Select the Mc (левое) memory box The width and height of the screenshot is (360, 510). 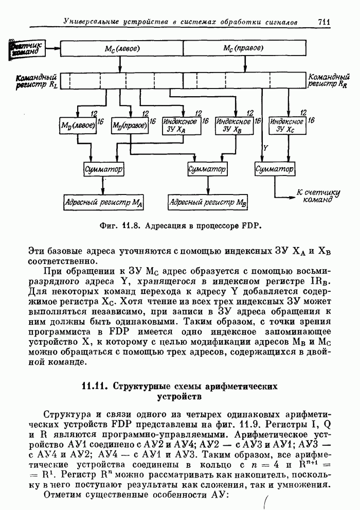point(121,48)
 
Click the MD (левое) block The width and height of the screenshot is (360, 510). point(78,125)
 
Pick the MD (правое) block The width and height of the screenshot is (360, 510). point(129,125)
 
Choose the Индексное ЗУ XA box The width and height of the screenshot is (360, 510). point(181,125)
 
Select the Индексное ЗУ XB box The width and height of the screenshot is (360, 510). point(234,125)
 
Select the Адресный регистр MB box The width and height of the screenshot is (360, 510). point(208,202)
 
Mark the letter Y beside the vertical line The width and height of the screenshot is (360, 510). point(266,147)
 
